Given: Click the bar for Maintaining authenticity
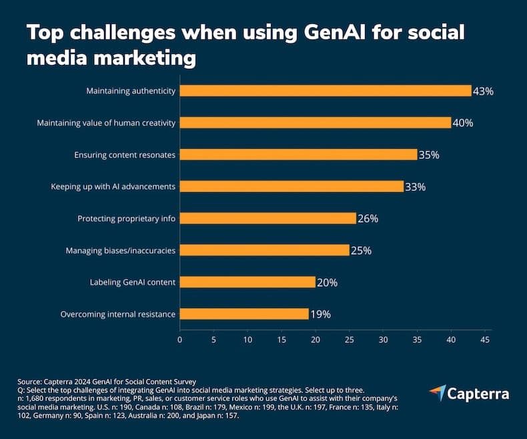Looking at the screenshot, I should (326, 91).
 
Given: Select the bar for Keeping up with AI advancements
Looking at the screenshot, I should (292, 186).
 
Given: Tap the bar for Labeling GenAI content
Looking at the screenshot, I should (247, 282).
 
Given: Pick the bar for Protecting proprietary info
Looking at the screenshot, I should (268, 218).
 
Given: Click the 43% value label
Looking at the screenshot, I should (482, 91).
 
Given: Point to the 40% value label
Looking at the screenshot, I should (462, 123).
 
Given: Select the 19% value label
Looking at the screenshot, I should (320, 314).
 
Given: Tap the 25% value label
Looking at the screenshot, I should (361, 250).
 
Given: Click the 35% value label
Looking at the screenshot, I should (428, 155).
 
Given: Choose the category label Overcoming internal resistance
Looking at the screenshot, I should (118, 314).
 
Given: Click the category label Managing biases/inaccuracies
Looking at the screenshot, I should (121, 250).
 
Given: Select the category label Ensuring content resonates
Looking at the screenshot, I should (125, 155).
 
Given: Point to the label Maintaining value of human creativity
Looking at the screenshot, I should (107, 123).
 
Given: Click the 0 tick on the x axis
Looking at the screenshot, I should (179, 339).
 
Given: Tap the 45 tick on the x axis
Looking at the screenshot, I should (485, 339).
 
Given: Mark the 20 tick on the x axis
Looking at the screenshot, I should (316, 339).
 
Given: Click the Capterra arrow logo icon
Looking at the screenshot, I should (437, 393).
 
